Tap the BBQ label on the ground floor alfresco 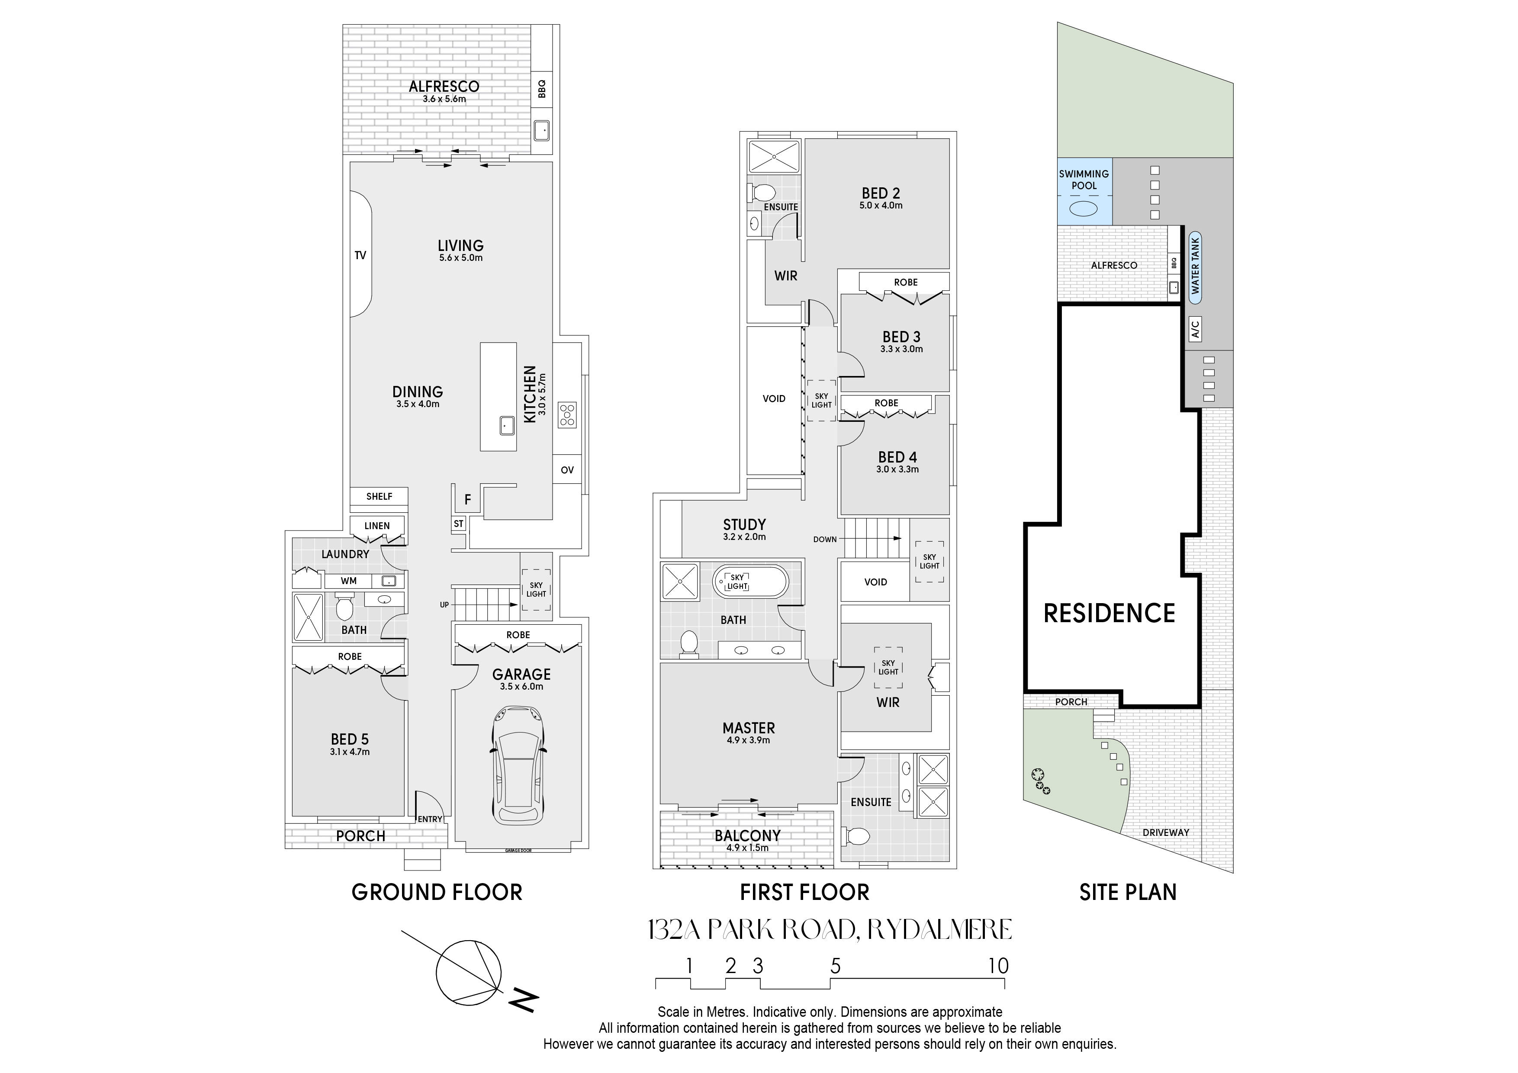pyautogui.click(x=542, y=89)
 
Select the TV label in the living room pyautogui.click(x=360, y=255)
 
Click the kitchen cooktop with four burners pyautogui.click(x=567, y=415)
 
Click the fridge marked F pyautogui.click(x=467, y=500)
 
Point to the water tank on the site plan pyautogui.click(x=1195, y=267)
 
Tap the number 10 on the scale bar pyautogui.click(x=998, y=966)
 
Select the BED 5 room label pyautogui.click(x=350, y=739)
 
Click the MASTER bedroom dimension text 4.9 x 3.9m pyautogui.click(x=749, y=740)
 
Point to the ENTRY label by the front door pyautogui.click(x=430, y=819)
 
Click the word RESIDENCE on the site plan pyautogui.click(x=1110, y=614)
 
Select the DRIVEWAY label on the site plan pyautogui.click(x=1166, y=832)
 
